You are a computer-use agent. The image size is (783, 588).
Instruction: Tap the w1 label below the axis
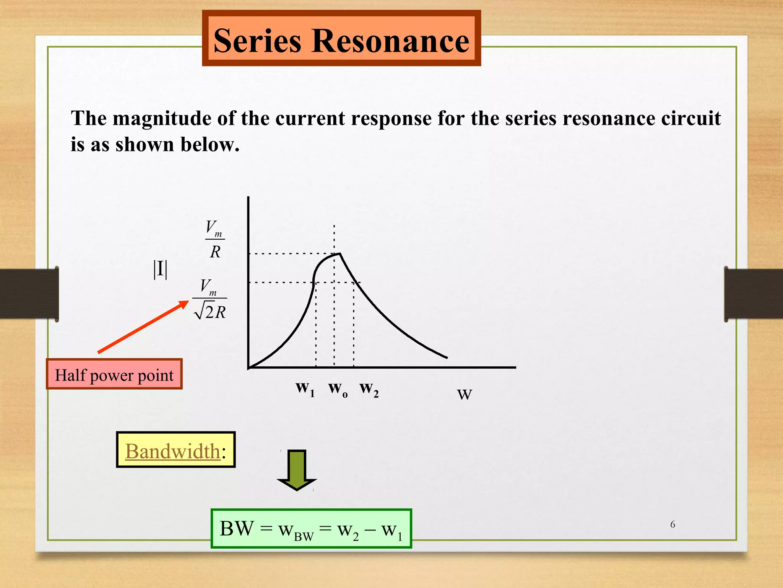305,389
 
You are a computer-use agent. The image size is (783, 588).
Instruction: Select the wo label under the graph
338,389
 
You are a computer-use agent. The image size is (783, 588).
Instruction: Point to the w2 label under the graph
369,389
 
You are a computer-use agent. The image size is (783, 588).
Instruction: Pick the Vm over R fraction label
215,239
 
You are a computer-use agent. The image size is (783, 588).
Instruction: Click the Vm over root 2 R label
210,299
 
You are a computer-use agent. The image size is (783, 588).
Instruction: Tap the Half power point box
114,374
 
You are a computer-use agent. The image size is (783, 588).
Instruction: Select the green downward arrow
297,470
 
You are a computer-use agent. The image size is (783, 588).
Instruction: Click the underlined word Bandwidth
172,451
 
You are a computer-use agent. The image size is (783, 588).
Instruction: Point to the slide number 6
673,524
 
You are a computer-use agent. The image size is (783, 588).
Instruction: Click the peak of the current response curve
340,253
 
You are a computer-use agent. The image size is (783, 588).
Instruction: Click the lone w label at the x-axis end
465,394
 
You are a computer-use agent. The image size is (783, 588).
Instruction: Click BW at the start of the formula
237,529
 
